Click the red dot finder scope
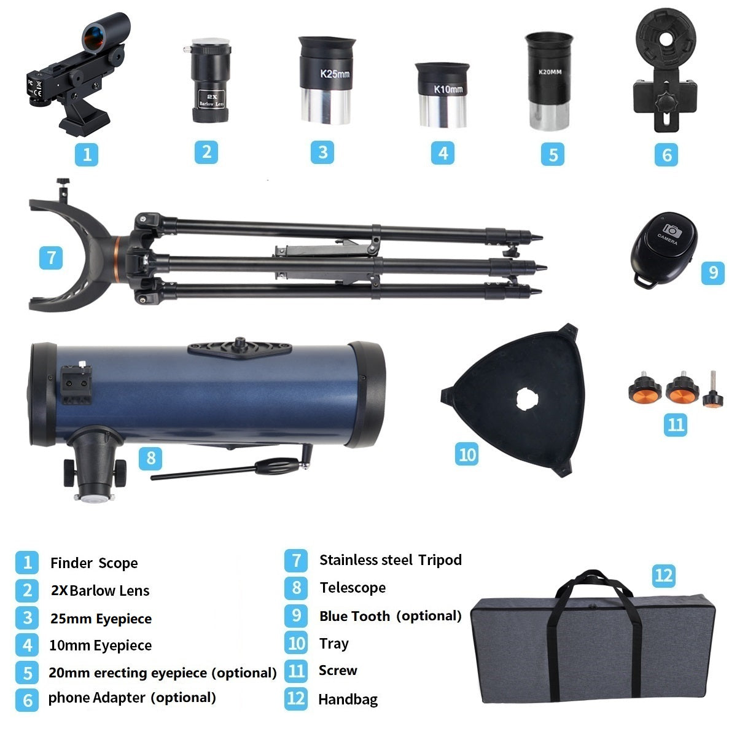[77, 72]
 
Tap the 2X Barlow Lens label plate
[211, 99]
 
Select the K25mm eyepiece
[326, 80]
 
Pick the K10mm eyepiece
[442, 95]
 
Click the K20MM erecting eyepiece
[549, 81]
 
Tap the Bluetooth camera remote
[663, 250]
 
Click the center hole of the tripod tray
[527, 399]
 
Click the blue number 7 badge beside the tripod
[51, 257]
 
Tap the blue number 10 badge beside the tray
[467, 454]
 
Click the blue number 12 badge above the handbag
[663, 575]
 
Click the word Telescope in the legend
[353, 588]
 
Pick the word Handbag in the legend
[348, 700]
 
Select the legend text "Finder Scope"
[94, 563]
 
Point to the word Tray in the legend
[334, 644]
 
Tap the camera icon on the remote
[672, 231]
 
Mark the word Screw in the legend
[338, 671]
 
